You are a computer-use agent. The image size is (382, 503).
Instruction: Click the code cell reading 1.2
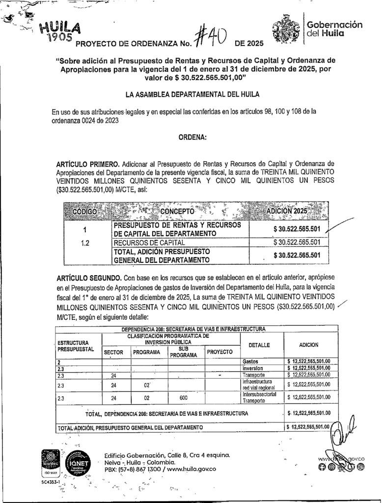[84, 243]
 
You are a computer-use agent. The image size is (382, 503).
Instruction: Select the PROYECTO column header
[220, 352]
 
